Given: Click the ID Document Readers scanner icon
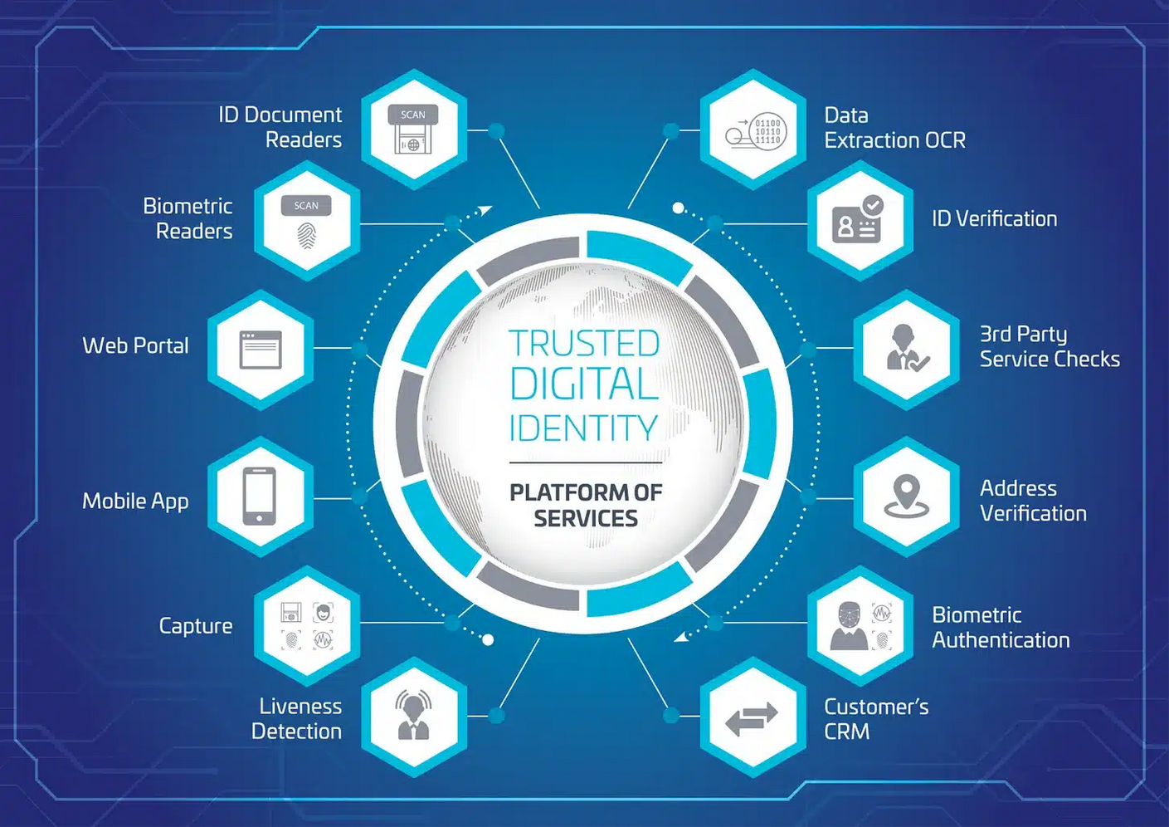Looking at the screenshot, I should [x=413, y=130].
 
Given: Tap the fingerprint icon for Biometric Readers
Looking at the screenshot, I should [x=306, y=221].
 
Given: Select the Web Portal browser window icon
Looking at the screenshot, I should [x=261, y=350].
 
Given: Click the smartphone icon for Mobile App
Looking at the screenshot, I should [x=260, y=497].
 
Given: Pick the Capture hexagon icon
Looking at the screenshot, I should [x=306, y=626].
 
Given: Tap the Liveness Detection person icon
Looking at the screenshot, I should [x=413, y=716].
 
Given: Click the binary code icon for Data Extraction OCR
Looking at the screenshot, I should [x=753, y=130].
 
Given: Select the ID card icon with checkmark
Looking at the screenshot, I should [x=860, y=220].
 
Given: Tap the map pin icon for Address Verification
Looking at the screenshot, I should [x=906, y=497].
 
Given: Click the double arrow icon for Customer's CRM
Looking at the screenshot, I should [x=753, y=717].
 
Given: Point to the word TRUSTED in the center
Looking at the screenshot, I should [x=584, y=344].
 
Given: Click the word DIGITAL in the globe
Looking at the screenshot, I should [x=584, y=384].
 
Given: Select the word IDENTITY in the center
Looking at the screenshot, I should [x=583, y=428].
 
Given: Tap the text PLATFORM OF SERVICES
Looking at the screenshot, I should [x=586, y=505].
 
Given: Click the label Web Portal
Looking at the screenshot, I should [x=135, y=345].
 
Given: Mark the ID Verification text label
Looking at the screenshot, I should [x=994, y=218].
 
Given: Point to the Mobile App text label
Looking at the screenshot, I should [x=135, y=502].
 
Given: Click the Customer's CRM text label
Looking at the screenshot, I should [x=875, y=719].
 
